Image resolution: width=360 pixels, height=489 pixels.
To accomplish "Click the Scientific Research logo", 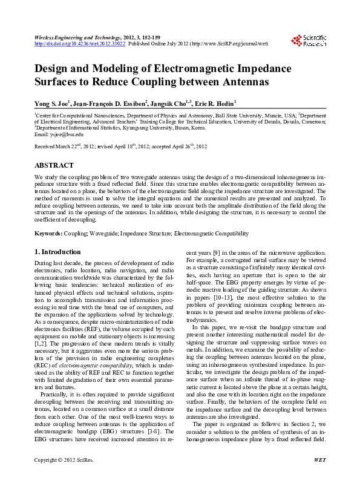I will pyautogui.click(x=309, y=41).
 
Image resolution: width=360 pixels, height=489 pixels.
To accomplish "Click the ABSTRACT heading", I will pyautogui.click(x=54, y=165).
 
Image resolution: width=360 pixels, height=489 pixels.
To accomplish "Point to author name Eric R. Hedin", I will pyautogui.click(x=217, y=103).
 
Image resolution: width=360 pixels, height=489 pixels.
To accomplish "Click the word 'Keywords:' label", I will pyautogui.click(x=48, y=233).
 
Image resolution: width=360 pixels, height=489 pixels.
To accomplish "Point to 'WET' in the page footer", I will pyautogui.click(x=320, y=478).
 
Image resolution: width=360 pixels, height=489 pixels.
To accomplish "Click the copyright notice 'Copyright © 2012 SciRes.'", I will pyautogui.click(x=64, y=478).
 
